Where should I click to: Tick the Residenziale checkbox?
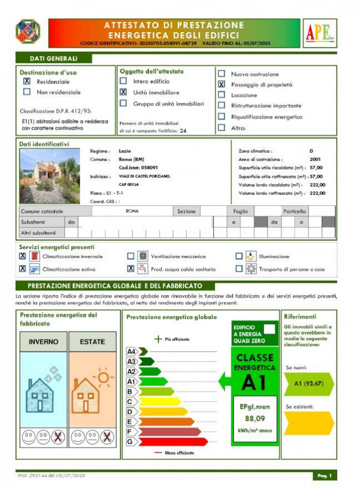27,81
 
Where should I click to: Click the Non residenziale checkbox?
27,92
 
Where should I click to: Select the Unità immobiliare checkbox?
124,92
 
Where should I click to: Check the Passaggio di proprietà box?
222,85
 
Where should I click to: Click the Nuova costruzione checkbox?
222,74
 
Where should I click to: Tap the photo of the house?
49,175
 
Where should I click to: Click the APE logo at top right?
320,33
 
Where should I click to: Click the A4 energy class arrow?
142,351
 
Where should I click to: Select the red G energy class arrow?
172,442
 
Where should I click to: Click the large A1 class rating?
254,382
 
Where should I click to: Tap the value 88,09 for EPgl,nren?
254,419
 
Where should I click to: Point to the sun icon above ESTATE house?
103,379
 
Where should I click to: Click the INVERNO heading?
43,342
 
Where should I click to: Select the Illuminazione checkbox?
239,256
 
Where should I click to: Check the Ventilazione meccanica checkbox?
131,256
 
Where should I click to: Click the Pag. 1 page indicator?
324,476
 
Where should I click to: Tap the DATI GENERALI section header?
53,59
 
